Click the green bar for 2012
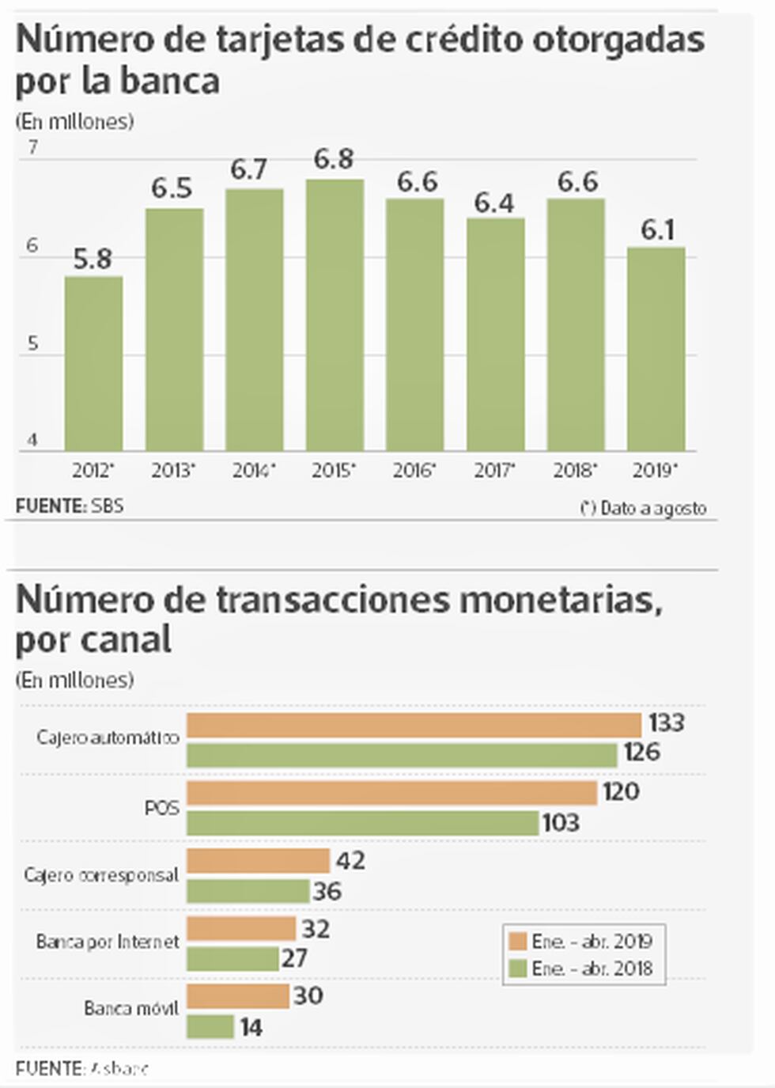[93, 364]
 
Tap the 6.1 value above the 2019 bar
[657, 230]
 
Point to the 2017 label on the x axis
[494, 471]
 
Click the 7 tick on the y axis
[32, 148]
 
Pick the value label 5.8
[93, 260]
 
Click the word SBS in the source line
[108, 505]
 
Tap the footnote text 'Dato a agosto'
[653, 508]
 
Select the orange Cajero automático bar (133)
[414, 725]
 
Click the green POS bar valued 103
[362, 823]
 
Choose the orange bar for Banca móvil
[237, 996]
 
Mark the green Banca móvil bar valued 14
[210, 1027]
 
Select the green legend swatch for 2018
[519, 969]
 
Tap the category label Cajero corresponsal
[101, 875]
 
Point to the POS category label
[161, 808]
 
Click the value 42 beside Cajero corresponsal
[350, 860]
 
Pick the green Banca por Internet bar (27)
[232, 959]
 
